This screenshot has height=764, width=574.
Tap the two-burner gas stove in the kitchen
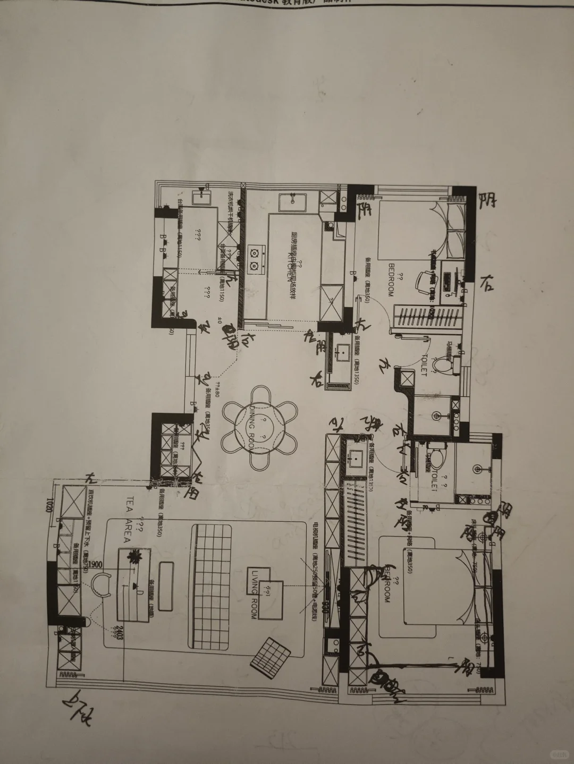click(255, 256)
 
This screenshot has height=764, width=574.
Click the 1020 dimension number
click(49, 504)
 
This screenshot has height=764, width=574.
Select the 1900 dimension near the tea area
click(96, 564)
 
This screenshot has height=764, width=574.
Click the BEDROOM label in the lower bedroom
click(387, 583)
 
